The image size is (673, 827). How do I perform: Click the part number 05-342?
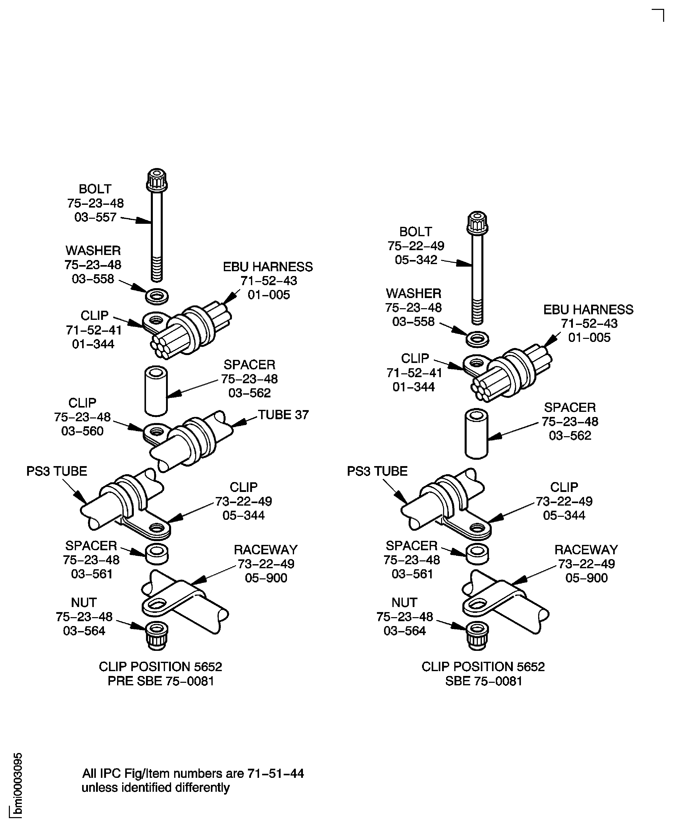(x=416, y=260)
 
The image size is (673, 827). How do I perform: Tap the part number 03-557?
(x=95, y=217)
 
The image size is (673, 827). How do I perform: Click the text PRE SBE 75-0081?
(x=161, y=681)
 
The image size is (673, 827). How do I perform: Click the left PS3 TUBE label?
(x=57, y=471)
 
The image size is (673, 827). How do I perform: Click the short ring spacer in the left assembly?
(x=157, y=555)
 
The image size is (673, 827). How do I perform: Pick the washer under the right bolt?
(x=477, y=339)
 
